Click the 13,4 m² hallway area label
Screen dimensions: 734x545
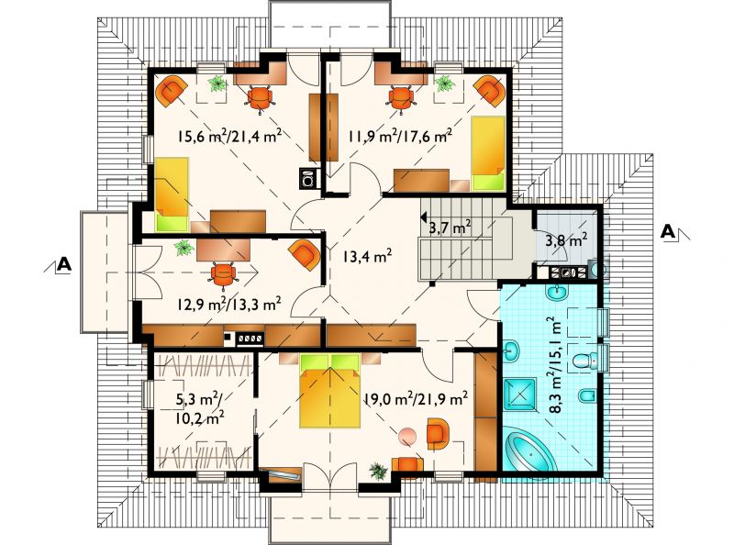click(368, 256)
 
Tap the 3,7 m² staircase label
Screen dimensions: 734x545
click(450, 228)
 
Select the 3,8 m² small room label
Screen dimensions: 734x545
click(566, 240)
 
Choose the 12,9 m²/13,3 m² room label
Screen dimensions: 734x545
click(228, 305)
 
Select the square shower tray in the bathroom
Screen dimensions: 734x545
click(519, 393)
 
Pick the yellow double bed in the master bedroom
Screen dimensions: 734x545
click(330, 391)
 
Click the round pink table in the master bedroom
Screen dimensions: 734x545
click(407, 437)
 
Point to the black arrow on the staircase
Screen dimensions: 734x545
click(423, 217)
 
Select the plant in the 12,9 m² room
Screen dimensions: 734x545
click(184, 248)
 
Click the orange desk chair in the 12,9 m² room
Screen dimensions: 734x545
click(223, 274)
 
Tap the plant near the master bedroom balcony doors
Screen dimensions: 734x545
click(378, 471)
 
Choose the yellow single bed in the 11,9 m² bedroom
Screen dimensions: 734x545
click(488, 152)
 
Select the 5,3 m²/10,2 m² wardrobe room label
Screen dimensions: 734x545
click(199, 408)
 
